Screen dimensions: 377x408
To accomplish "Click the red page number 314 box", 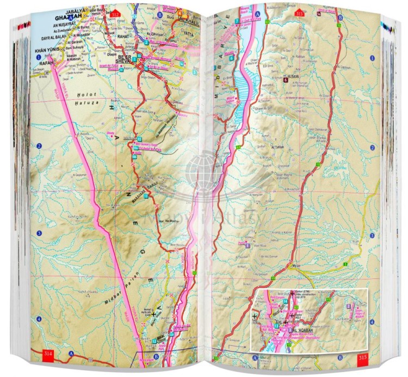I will [48, 355].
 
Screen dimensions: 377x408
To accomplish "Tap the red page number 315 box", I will [363, 358].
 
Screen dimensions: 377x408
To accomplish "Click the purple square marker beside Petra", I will [248, 246].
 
